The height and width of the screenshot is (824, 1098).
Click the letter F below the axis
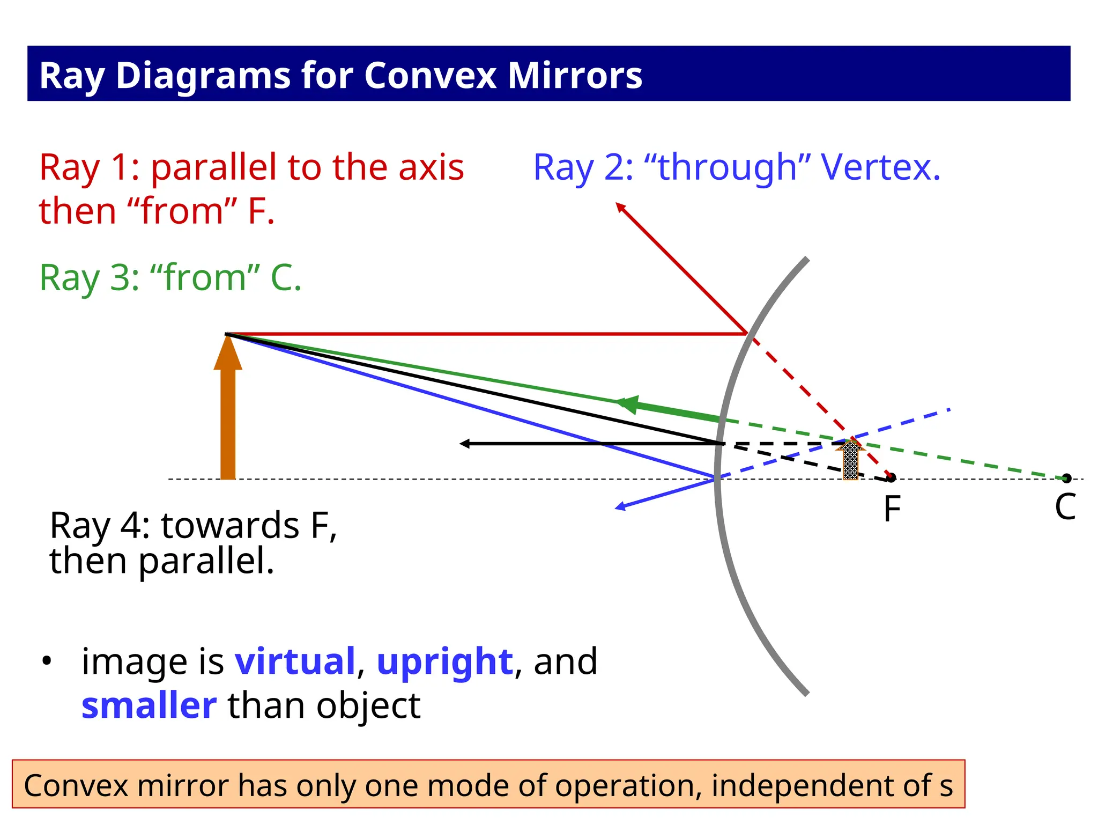(x=892, y=509)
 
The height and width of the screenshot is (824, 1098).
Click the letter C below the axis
(x=1065, y=507)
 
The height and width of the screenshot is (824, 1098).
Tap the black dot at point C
(x=1066, y=478)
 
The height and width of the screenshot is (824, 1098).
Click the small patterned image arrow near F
(x=850, y=460)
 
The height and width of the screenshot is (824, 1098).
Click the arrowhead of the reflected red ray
(x=620, y=207)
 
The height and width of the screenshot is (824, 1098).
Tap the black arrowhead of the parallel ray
(x=465, y=444)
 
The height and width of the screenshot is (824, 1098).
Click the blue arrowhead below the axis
(x=620, y=506)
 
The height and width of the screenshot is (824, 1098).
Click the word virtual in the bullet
(x=295, y=661)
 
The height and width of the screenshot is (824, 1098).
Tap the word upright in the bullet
(x=444, y=662)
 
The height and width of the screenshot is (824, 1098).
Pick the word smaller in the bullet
(x=149, y=706)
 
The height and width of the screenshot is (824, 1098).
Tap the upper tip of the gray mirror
(x=806, y=260)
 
